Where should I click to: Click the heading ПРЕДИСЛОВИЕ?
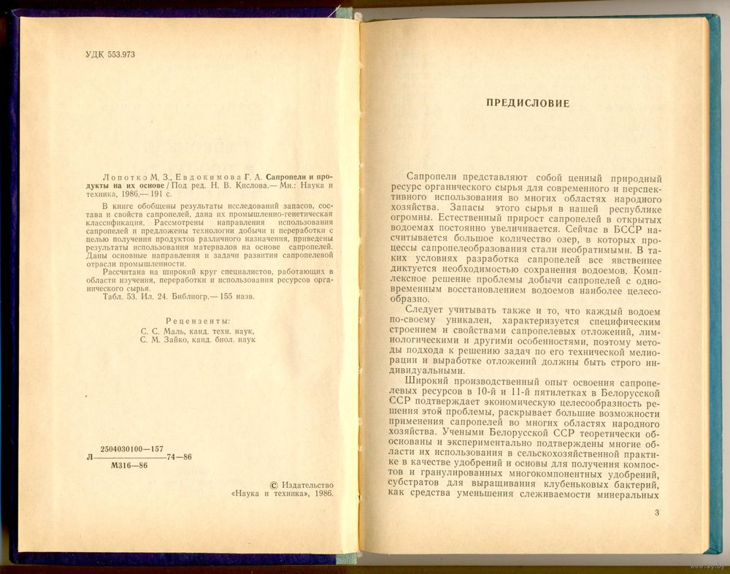click(x=528, y=103)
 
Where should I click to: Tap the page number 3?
click(x=657, y=514)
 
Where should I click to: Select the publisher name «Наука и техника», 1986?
click(x=283, y=494)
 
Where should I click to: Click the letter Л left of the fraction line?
click(x=90, y=456)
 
